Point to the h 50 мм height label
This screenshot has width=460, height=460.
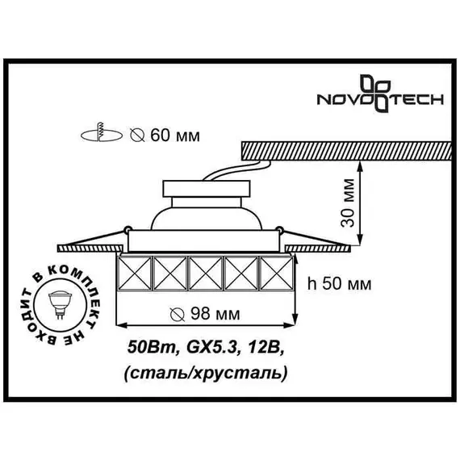(x=340, y=283)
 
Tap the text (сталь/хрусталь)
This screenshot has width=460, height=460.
(x=207, y=373)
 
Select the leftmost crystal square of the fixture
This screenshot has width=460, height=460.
(x=135, y=274)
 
